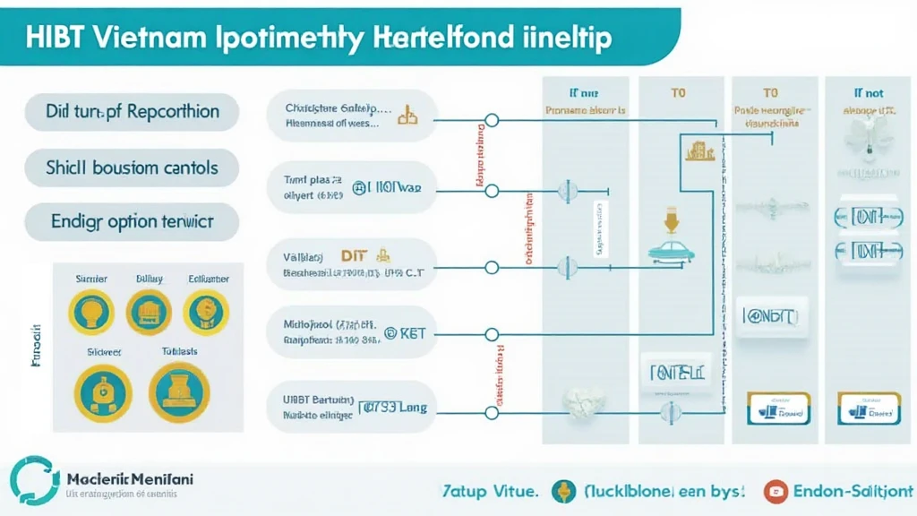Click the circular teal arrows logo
click(x=33, y=482)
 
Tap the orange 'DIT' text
click(x=356, y=256)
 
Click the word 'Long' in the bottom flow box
click(x=411, y=407)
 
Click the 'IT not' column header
click(x=867, y=92)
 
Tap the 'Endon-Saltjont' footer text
click(x=852, y=490)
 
